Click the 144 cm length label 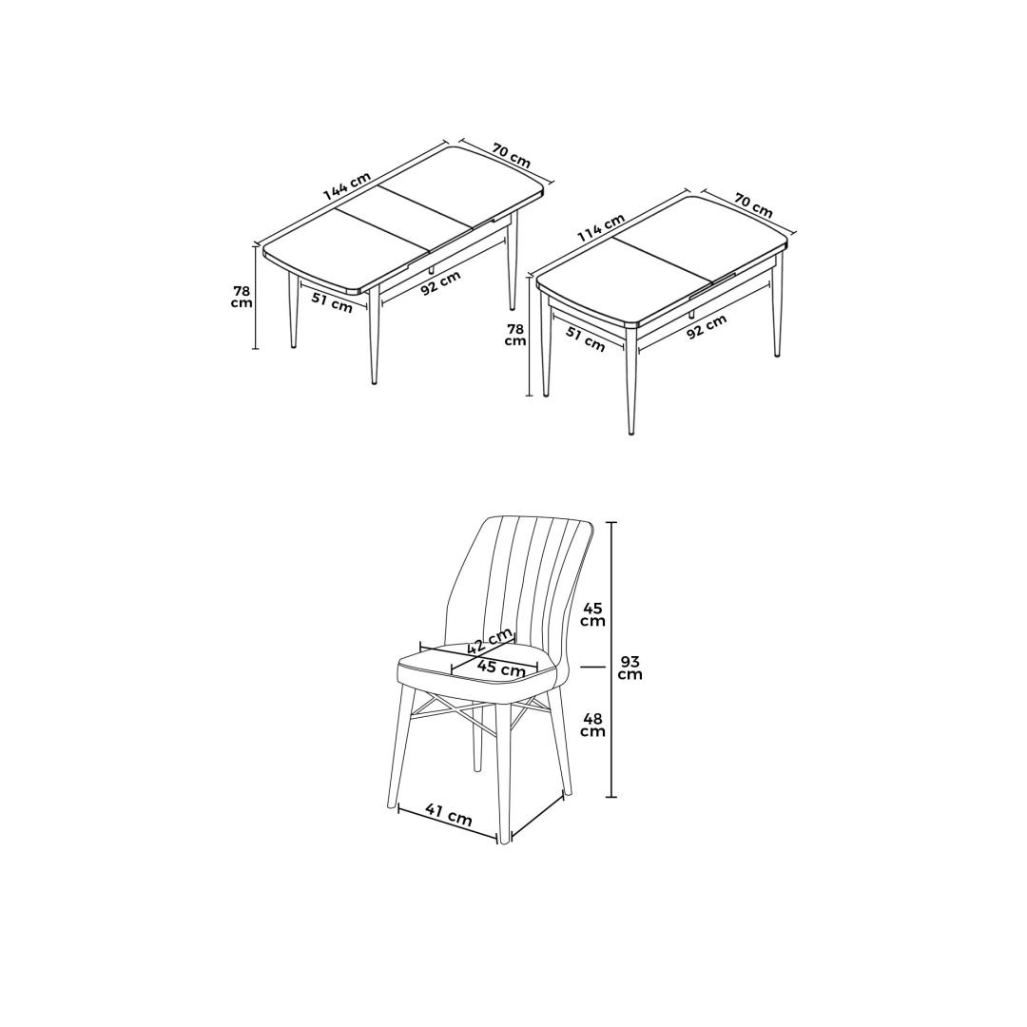click(x=347, y=186)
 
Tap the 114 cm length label click(x=600, y=228)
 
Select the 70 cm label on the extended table click(x=511, y=155)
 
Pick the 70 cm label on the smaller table click(x=753, y=205)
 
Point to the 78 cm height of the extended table click(x=242, y=298)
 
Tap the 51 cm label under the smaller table click(x=585, y=339)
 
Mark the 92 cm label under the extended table click(x=441, y=283)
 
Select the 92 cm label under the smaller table click(x=707, y=326)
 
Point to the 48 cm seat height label click(x=592, y=725)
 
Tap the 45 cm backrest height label click(x=592, y=614)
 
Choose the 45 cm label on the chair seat click(x=501, y=669)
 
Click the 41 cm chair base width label click(x=449, y=815)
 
